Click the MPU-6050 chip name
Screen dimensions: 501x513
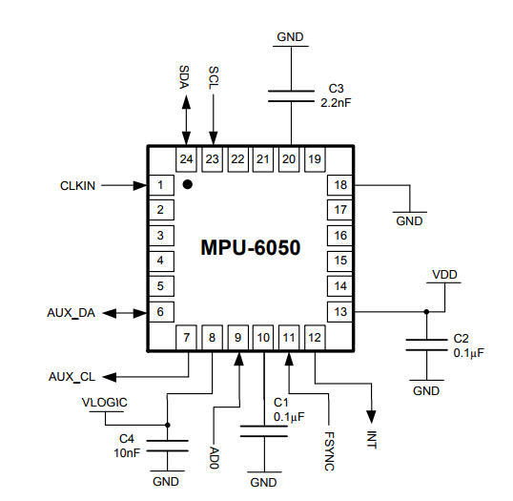(x=250, y=248)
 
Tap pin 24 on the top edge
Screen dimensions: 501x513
(x=187, y=159)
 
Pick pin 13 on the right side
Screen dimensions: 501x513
(x=339, y=311)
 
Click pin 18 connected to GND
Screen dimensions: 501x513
(x=339, y=184)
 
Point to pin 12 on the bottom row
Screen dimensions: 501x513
(x=315, y=336)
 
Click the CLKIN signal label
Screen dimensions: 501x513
(x=77, y=185)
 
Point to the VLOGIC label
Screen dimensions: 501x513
(x=104, y=403)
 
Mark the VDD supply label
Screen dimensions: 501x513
(x=444, y=275)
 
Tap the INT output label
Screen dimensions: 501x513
(x=372, y=439)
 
